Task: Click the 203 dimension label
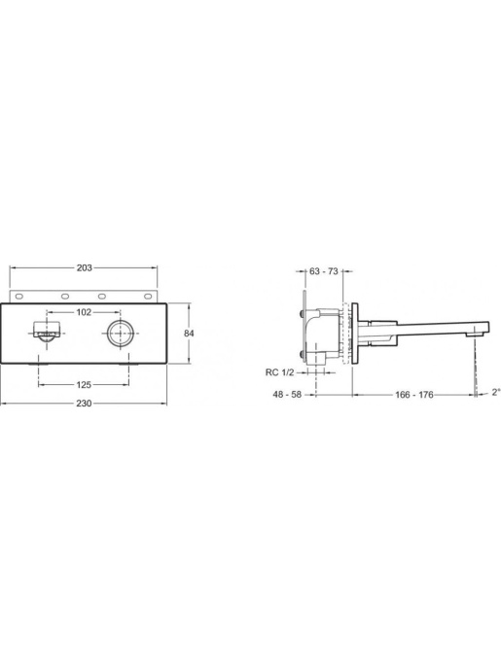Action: [x=84, y=267]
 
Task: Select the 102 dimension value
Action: [x=84, y=312]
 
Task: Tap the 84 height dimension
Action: [x=189, y=334]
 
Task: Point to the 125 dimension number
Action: [x=84, y=385]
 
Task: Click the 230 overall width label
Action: [x=84, y=404]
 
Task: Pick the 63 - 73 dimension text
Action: [x=324, y=271]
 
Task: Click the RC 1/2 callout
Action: [x=279, y=372]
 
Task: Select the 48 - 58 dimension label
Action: [x=287, y=395]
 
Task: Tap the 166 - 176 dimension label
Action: [x=414, y=395]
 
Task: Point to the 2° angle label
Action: [x=496, y=392]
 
